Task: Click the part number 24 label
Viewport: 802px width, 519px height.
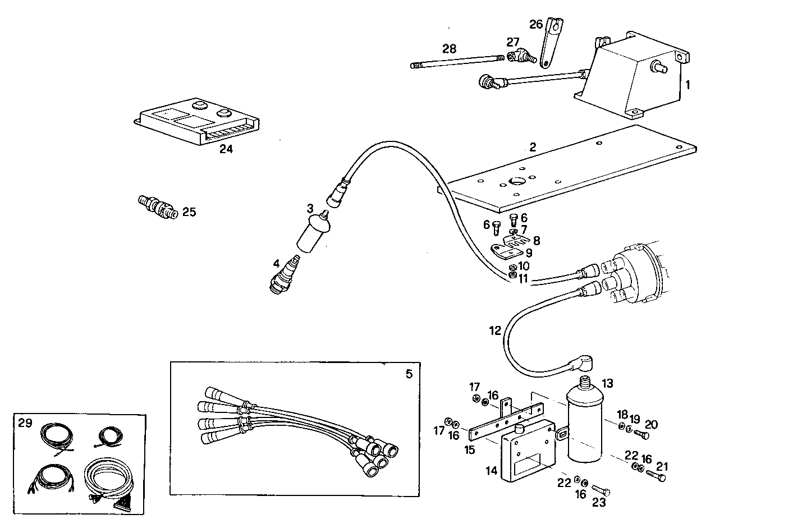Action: click(x=226, y=149)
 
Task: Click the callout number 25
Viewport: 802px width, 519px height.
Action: click(x=189, y=212)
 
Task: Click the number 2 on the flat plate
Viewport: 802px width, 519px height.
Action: click(x=533, y=148)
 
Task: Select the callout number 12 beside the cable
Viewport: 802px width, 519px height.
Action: click(x=494, y=331)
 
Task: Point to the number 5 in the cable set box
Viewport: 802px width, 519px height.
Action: click(x=409, y=374)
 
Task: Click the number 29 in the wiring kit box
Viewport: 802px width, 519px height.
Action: click(x=25, y=423)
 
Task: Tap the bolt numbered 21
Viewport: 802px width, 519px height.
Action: click(x=655, y=476)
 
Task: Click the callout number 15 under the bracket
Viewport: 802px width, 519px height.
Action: click(x=469, y=449)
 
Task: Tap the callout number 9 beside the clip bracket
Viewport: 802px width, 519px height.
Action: click(x=529, y=253)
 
